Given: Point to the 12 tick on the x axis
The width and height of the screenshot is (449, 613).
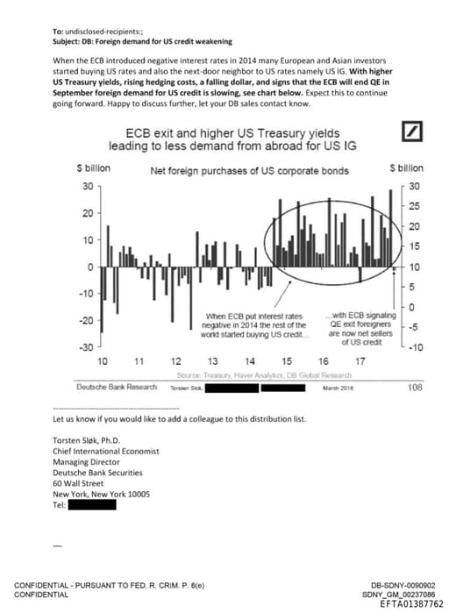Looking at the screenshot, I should coord(175,361).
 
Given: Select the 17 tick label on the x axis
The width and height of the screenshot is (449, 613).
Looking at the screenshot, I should coord(360,361).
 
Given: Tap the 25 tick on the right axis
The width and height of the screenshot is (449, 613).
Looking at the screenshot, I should coord(415,206).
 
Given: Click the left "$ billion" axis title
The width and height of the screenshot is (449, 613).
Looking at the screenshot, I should coord(92,168).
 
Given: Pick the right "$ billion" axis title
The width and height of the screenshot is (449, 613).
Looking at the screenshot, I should coord(406,168).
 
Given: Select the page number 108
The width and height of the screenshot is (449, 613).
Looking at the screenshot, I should coord(416,387).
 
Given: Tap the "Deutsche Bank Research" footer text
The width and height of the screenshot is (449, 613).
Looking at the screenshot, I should coord(117,388).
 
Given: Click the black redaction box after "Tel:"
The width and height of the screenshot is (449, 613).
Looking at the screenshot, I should coord(93,505).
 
